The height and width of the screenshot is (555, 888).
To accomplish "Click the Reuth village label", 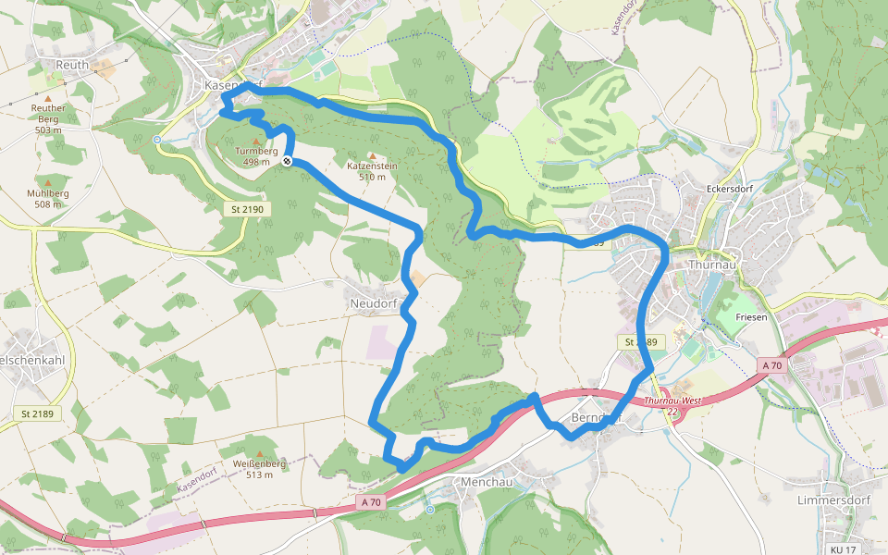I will pos(71,65).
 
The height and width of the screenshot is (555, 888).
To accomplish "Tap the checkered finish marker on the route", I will pos(288,162).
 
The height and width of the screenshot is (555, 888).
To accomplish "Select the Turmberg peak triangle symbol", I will pos(256,142).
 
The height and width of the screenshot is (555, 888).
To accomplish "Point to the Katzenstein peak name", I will pos(372,166).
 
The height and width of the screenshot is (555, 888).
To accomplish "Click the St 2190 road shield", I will pos(248,210).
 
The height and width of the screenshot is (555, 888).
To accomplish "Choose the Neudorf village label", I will pos(373,302).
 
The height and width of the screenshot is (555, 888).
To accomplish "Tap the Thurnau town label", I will pos(714,265).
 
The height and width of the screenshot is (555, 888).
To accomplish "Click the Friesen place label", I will pos(752,317).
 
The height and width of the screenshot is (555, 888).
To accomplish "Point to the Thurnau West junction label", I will pos(672,401).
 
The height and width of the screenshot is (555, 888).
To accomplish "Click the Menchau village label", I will pos(486,482).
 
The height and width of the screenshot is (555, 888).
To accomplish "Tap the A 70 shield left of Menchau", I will pos(371,502).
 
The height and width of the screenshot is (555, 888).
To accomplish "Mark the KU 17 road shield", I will pos(843,549).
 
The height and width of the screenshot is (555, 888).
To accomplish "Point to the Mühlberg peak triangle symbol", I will pos(48,182).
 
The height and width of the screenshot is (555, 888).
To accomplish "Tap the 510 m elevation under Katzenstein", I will pos(372,177).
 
